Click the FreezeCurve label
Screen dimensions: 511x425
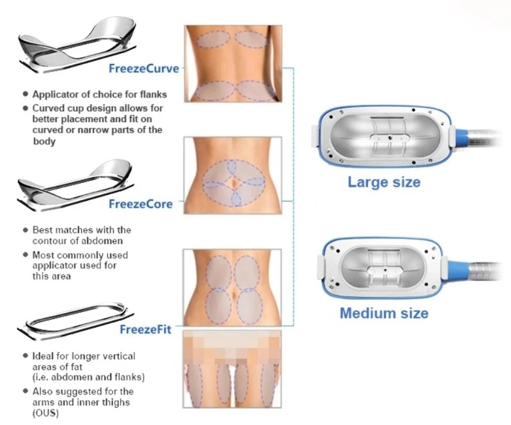pyautogui.click(x=144, y=68)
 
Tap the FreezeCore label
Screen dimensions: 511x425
pyautogui.click(x=141, y=204)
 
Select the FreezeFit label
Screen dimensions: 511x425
pyautogui.click(x=146, y=329)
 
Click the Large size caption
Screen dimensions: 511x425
pyautogui.click(x=384, y=182)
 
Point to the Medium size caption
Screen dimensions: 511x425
pyautogui.click(x=384, y=313)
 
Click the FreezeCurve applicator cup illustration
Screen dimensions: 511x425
pyautogui.click(x=77, y=45)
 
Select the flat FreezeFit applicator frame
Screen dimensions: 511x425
pyautogui.click(x=75, y=321)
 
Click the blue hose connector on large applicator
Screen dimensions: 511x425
pyautogui.click(x=462, y=139)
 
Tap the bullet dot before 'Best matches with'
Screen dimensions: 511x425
pyautogui.click(x=26, y=230)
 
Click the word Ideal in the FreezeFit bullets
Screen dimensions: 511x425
pyautogui.click(x=43, y=356)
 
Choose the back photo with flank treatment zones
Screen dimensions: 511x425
pyautogui.click(x=233, y=64)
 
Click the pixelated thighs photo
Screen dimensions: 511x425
pyautogui.click(x=232, y=369)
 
